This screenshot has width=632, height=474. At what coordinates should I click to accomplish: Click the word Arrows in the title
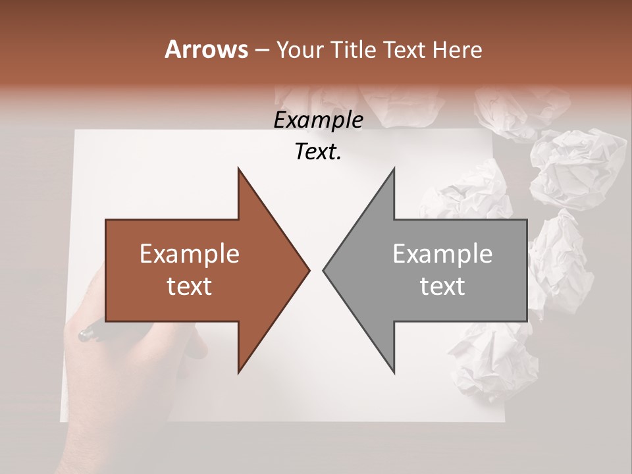[x=206, y=49]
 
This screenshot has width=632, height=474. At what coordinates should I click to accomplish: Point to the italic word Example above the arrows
[x=318, y=120]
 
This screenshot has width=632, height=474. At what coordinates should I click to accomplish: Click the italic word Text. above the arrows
[x=318, y=152]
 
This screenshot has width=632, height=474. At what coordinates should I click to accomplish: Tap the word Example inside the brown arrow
[x=190, y=253]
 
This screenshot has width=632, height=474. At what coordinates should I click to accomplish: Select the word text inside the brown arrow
[x=190, y=286]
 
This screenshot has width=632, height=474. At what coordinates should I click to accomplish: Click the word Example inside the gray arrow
[x=442, y=253]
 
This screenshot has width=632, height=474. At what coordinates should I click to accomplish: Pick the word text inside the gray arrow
[x=442, y=286]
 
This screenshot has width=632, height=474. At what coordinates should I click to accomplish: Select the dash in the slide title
[x=261, y=50]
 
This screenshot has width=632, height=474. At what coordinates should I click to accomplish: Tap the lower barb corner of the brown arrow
[x=238, y=372]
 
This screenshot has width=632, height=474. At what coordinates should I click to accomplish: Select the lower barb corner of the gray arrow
[x=394, y=372]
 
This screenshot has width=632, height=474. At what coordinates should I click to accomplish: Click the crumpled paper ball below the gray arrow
[x=490, y=362]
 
